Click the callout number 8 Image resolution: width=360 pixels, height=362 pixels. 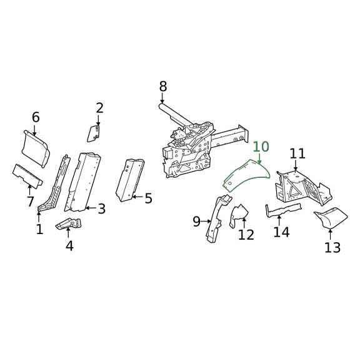coord(163,86)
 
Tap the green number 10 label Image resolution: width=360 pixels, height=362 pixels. coord(261,147)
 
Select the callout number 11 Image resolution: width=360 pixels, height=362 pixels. coord(297,154)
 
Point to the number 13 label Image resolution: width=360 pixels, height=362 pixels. coord(332,248)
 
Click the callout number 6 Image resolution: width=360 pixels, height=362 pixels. coord(36,117)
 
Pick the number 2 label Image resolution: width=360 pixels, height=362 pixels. coord(99,108)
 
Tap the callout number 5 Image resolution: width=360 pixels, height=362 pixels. coord(148,198)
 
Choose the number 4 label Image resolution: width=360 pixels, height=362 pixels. coord(69,246)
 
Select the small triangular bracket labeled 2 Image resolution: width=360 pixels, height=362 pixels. coord(94,132)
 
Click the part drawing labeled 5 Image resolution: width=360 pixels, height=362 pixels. coord(130,179)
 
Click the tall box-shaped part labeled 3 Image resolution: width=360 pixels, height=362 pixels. coord(83,181)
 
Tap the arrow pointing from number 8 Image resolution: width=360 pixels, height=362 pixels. coord(162,99)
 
